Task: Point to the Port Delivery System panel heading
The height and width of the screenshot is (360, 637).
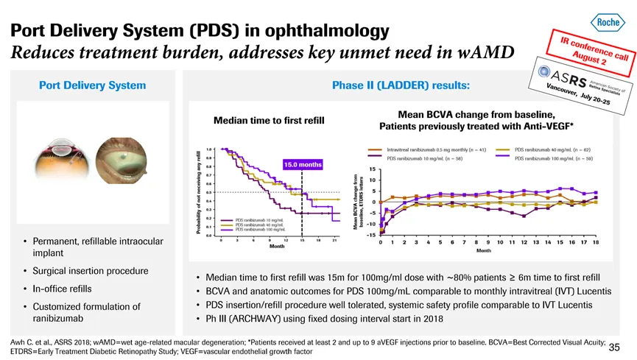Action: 92,85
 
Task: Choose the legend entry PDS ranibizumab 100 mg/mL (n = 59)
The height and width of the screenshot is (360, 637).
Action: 552,158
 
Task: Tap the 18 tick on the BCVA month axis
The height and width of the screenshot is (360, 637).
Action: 595,242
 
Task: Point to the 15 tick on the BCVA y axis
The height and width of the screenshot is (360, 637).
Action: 371,169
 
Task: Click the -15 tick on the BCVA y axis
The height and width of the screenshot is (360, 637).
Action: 370,235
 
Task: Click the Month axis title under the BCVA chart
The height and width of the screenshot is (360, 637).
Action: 484,251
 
